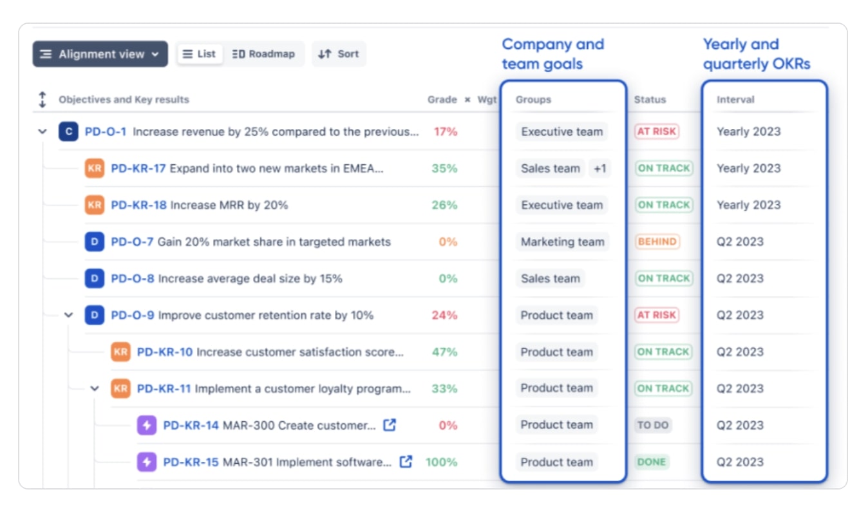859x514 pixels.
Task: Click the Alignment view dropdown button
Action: point(100,54)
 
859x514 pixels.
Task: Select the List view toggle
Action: point(200,54)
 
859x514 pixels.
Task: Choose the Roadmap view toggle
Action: point(263,54)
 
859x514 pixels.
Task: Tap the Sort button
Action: point(339,54)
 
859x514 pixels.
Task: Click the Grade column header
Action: point(442,100)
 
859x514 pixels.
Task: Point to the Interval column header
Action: point(735,100)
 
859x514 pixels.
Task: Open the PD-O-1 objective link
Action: point(106,131)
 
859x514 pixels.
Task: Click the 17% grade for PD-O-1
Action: point(445,131)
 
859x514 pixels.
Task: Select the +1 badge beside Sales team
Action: point(599,168)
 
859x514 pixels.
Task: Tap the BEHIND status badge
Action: point(657,242)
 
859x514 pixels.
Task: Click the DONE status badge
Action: point(652,462)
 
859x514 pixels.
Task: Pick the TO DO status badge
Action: point(652,425)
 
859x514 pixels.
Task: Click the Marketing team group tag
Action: point(562,242)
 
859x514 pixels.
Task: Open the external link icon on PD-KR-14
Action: point(390,425)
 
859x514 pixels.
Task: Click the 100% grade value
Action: point(441,462)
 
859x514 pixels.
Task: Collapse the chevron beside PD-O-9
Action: point(69,315)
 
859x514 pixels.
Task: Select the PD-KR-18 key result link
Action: point(138,205)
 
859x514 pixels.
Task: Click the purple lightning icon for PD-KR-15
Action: point(147,462)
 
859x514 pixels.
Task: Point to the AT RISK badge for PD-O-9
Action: point(656,315)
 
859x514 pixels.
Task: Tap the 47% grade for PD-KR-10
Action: point(444,352)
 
